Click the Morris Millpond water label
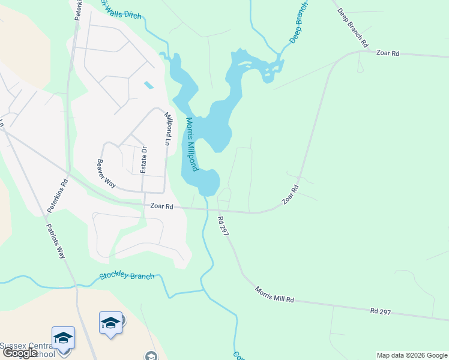pyautogui.click(x=191, y=144)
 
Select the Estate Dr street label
pyautogui.click(x=144, y=160)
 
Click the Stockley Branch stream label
pyautogui.click(x=127, y=277)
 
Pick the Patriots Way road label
pyautogui.click(x=56, y=241)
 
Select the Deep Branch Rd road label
pyautogui.click(x=352, y=27)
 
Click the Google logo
pyautogui.click(x=19, y=353)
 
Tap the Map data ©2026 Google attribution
pyautogui.click(x=412, y=355)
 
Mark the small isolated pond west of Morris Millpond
pyautogui.click(x=148, y=85)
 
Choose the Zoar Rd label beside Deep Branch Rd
pyautogui.click(x=387, y=53)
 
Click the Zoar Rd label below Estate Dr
pyautogui.click(x=161, y=206)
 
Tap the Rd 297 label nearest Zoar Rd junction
pyautogui.click(x=224, y=226)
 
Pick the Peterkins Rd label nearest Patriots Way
pyautogui.click(x=58, y=197)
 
